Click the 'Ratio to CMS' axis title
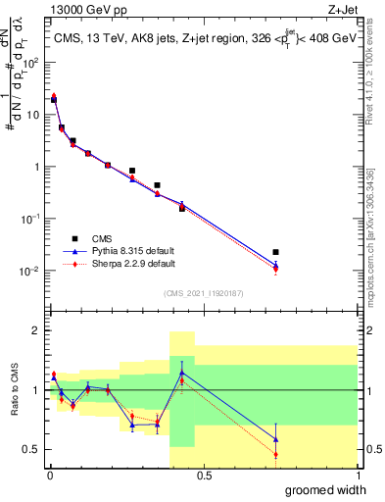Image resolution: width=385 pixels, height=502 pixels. [x=15, y=390]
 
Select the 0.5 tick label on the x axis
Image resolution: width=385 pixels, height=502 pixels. [x=204, y=476]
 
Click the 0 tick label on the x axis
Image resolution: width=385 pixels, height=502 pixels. [x=49, y=476]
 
